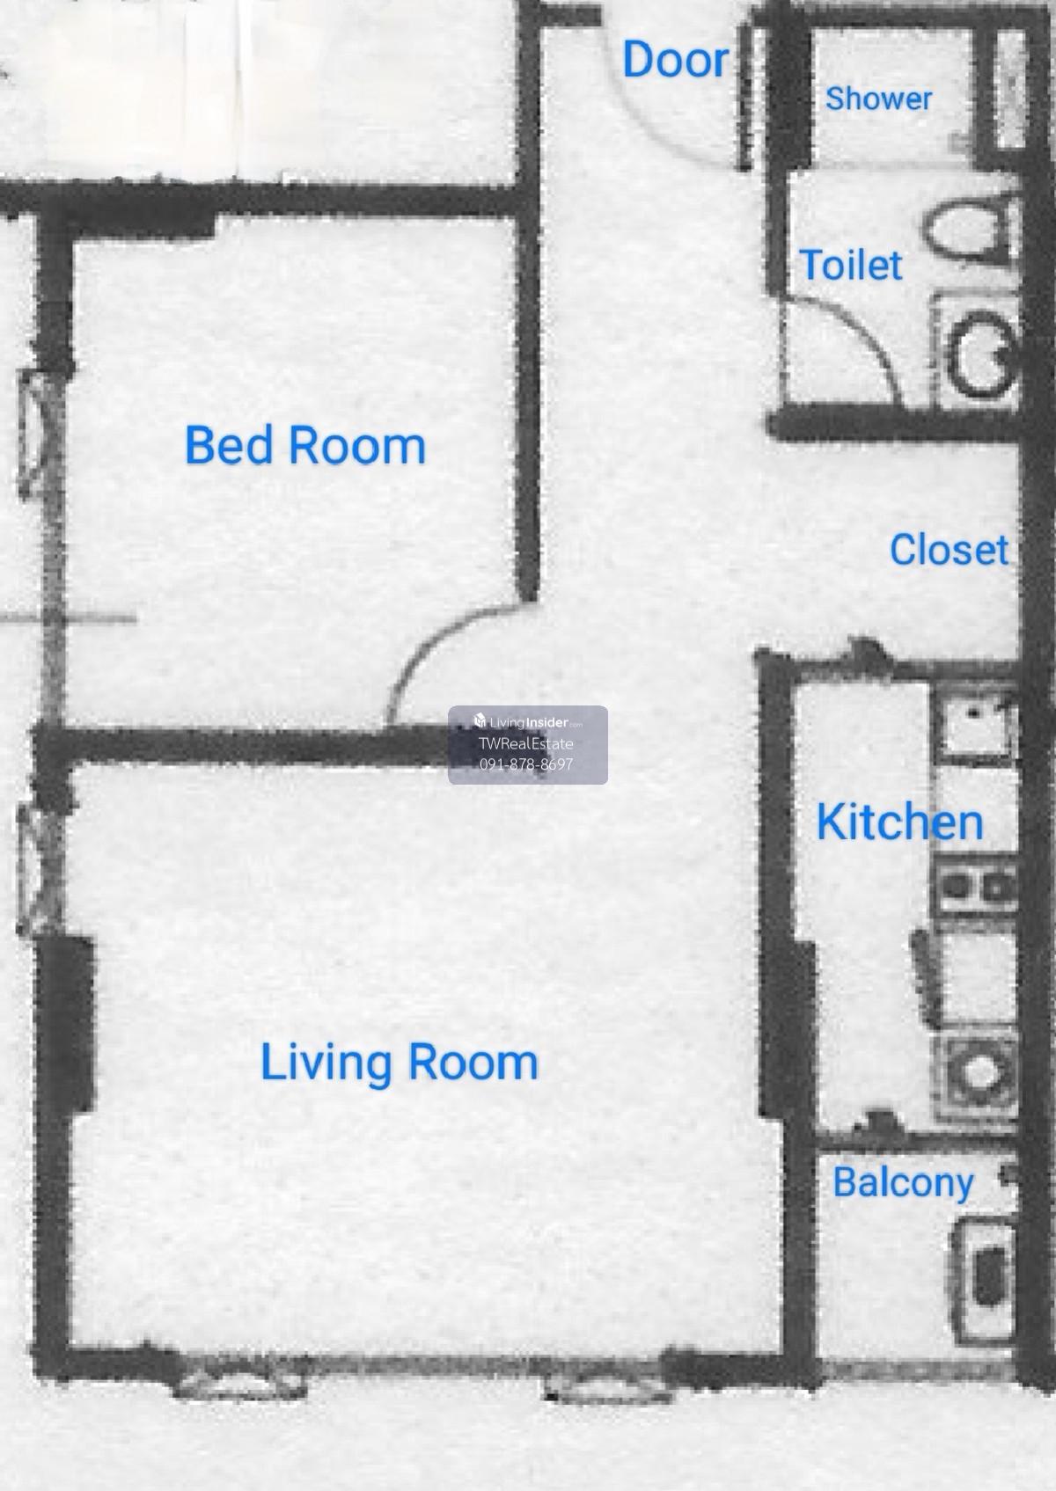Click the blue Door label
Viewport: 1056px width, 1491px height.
click(675, 60)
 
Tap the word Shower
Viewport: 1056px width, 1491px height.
click(878, 99)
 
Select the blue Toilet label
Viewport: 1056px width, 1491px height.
click(850, 265)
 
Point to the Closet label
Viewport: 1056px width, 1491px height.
click(949, 550)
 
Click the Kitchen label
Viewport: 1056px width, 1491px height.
click(899, 822)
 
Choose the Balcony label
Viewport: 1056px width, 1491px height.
click(903, 1183)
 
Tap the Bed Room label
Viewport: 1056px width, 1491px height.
click(305, 445)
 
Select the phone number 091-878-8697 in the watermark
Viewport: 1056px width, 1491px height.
click(526, 764)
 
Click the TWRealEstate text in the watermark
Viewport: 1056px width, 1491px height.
click(525, 744)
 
